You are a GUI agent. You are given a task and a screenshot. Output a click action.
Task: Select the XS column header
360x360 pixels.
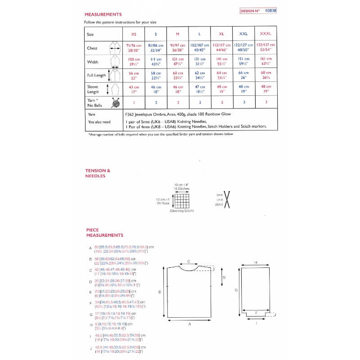(x=134, y=34)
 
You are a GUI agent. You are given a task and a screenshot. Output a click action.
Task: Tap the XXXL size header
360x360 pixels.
(x=265, y=34)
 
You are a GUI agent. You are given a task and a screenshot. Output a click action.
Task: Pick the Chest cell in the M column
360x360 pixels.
(x=178, y=48)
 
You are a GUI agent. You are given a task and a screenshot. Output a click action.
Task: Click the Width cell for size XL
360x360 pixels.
(x=221, y=62)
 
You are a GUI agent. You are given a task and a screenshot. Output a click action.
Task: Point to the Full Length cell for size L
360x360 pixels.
(x=200, y=75)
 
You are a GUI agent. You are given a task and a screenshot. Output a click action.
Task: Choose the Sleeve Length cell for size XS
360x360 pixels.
(x=134, y=89)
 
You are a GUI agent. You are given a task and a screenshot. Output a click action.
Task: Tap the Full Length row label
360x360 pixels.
(x=96, y=75)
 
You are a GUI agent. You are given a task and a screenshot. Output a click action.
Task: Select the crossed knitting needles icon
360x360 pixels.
(x=227, y=200)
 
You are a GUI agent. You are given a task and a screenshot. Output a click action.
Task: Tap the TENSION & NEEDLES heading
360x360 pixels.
(x=98, y=173)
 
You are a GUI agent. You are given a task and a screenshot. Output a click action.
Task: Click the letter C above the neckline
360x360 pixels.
(x=189, y=261)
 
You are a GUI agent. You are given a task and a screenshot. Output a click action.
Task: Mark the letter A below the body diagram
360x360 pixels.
(x=189, y=324)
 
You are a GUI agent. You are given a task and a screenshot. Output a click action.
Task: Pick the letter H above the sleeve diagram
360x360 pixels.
(x=256, y=262)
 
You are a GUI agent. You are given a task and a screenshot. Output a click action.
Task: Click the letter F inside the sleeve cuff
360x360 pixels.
(x=256, y=312)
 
